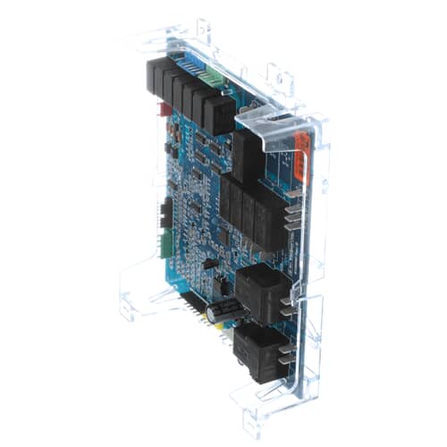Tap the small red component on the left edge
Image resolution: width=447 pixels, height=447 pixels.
pyautogui.click(x=164, y=110)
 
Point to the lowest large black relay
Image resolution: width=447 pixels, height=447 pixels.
pyautogui.click(x=257, y=351)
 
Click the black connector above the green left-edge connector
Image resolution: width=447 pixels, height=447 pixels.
pyautogui.click(x=165, y=213)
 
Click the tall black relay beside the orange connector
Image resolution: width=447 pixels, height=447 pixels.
pyautogui.click(x=248, y=156)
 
